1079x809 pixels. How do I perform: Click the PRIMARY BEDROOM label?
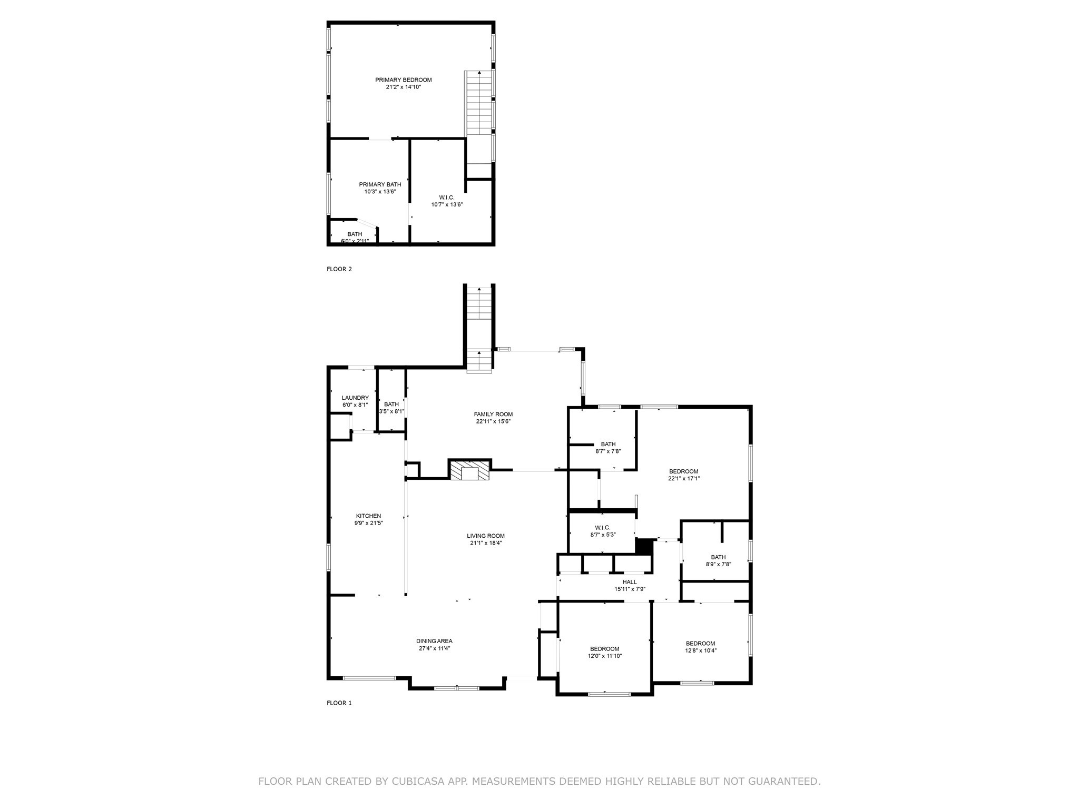point(403,80)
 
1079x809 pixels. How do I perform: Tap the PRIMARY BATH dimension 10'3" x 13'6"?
point(380,192)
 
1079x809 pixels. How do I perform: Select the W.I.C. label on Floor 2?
point(446,198)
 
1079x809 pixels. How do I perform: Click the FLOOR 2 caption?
point(339,269)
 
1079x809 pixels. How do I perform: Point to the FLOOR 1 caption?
point(339,703)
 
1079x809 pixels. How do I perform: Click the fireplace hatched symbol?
point(469,471)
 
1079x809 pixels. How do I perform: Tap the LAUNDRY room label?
point(355,398)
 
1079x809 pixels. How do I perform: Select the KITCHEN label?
point(368,516)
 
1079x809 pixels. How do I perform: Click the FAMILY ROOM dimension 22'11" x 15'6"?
point(493,421)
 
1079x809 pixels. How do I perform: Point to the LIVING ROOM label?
point(486,536)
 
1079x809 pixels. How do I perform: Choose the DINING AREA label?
point(434,641)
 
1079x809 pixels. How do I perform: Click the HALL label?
point(630,582)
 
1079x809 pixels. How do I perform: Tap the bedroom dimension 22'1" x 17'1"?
point(684,479)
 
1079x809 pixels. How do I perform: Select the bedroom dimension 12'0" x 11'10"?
point(605,656)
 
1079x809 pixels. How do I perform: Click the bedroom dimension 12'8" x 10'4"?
point(700,650)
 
